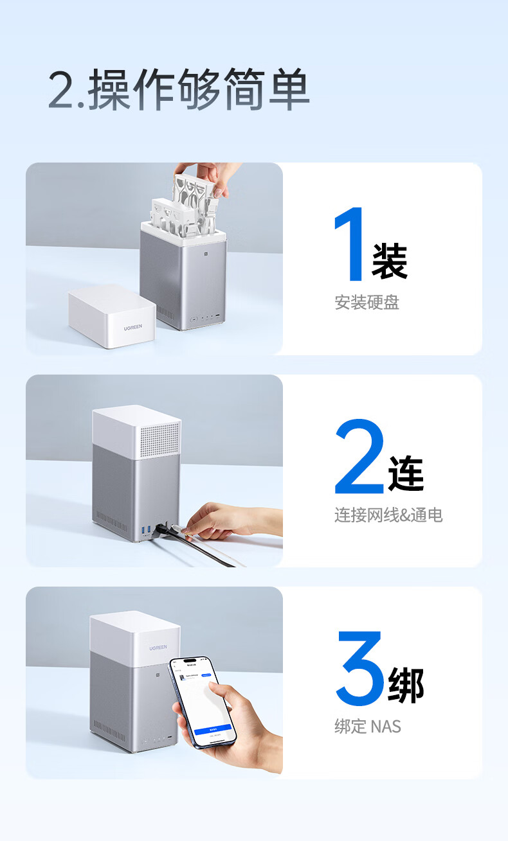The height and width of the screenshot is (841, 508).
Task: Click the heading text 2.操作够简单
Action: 179,91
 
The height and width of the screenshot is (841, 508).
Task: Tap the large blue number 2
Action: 359,457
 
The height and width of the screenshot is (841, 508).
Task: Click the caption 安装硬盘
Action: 367,302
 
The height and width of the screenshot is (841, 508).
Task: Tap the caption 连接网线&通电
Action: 388,515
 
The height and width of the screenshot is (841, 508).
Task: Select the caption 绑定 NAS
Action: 368,727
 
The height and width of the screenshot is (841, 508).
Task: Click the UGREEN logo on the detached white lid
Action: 138,328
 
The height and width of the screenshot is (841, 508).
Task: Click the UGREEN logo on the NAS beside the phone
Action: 158,648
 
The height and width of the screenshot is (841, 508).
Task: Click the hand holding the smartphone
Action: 238,726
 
